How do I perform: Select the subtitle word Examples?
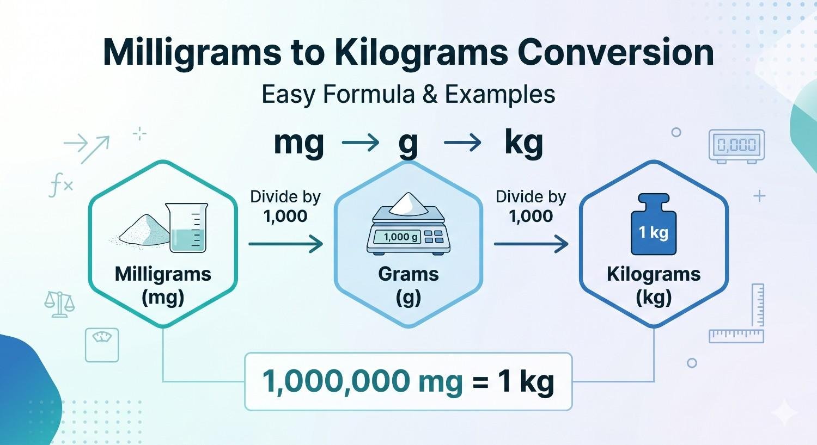[500, 95]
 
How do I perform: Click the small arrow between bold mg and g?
[360, 144]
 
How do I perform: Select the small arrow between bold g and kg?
[462, 144]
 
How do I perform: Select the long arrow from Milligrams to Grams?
[286, 244]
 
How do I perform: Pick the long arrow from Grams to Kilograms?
[531, 244]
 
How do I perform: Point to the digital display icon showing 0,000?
[736, 145]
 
